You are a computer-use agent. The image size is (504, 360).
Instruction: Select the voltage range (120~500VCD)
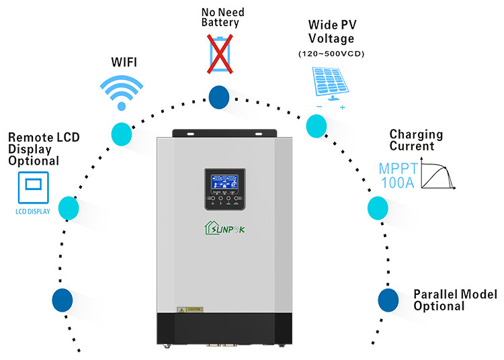coord(331,53)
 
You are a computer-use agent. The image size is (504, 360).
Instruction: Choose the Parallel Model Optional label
coord(455,300)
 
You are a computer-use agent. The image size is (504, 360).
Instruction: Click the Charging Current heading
coord(417,140)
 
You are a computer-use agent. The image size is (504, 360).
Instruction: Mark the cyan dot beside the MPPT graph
coord(378,208)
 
